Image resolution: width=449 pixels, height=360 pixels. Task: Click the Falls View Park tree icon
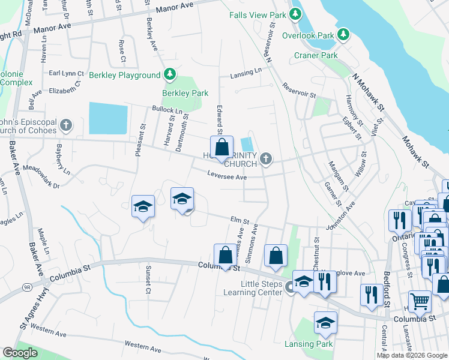295,13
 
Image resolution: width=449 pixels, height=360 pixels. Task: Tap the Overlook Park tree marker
343,35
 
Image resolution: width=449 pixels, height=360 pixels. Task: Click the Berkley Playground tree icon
171,74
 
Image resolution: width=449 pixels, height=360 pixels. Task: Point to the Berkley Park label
185,93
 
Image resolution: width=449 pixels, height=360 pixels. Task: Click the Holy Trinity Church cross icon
266,159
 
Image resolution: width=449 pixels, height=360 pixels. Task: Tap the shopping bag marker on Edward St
221,148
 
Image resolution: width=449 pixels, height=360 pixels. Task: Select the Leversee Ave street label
227,177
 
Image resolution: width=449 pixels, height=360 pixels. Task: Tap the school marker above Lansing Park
325,324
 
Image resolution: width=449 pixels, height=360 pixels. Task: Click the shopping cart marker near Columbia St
420,302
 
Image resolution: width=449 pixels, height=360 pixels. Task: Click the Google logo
20,353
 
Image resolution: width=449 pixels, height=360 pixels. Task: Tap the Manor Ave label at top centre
175,8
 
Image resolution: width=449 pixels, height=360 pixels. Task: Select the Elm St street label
240,221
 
